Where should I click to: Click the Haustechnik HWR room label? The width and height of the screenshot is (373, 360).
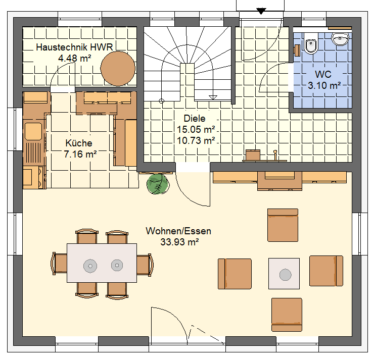[74, 47]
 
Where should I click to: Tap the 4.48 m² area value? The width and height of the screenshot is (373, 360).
[75, 58]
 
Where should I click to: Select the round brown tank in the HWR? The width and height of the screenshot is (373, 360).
[118, 69]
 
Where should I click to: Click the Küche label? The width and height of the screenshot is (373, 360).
[79, 143]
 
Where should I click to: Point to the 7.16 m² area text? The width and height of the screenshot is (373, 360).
[80, 154]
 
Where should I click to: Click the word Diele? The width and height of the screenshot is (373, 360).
[195, 118]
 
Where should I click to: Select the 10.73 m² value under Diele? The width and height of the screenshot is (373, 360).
[196, 140]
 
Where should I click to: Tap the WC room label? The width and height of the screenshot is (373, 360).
[323, 74]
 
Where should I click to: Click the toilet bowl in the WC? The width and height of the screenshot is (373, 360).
[311, 43]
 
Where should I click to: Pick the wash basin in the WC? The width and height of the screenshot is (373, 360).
[341, 39]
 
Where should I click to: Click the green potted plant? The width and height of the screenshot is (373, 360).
[158, 184]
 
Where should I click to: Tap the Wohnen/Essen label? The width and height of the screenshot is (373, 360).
[178, 231]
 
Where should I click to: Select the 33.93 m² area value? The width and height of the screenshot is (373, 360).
[179, 242]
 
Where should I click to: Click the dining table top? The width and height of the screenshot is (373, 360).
[102, 263]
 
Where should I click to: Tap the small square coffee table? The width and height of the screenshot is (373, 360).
[284, 274]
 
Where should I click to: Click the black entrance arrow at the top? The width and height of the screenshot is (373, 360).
[261, 11]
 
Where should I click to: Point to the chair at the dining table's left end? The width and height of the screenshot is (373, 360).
[59, 264]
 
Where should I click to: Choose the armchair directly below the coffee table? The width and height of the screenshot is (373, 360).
[287, 315]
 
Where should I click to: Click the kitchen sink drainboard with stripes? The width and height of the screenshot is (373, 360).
[33, 152]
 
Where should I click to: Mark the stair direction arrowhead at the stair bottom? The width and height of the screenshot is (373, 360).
[213, 97]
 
